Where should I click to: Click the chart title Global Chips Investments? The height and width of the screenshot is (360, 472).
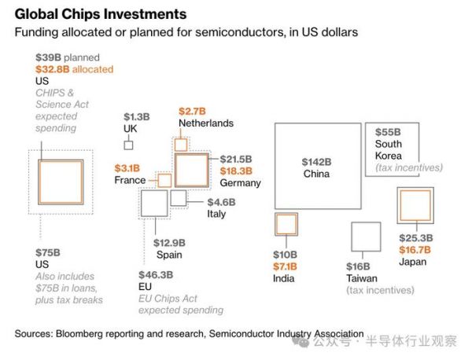click(x=101, y=14)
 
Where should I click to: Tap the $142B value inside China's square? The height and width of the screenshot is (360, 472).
click(x=317, y=161)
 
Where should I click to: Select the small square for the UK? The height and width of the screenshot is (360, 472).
click(x=128, y=145)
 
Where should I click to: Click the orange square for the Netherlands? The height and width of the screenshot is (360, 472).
click(x=181, y=145)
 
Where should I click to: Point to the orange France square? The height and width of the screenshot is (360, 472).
click(x=165, y=181)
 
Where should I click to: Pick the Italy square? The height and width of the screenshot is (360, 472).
click(x=179, y=197)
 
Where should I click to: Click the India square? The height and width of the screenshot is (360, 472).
click(x=284, y=224)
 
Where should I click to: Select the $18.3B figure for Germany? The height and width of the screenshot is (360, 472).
click(x=236, y=171)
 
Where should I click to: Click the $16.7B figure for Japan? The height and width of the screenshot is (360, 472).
click(x=416, y=249)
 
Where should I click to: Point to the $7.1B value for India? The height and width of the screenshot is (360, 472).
click(x=284, y=266)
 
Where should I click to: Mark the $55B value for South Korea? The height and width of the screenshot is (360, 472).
click(x=388, y=132)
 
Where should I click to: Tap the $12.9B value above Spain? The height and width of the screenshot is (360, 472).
click(x=169, y=242)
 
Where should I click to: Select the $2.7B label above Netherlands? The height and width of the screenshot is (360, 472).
click(x=192, y=111)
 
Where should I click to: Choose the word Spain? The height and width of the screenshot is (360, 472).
click(x=168, y=254)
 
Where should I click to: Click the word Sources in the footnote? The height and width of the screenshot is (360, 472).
click(x=35, y=334)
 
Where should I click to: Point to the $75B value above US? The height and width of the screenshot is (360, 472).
click(x=48, y=252)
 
